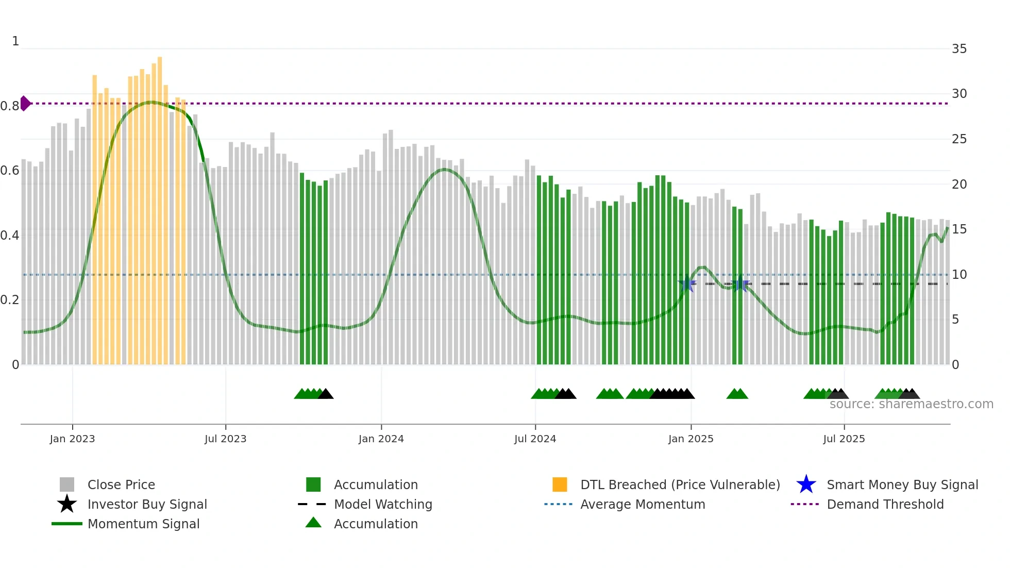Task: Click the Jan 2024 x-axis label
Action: coord(381,439)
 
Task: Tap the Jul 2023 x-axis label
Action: coord(225,439)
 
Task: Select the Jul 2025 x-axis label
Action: coord(844,439)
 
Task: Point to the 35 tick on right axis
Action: coord(959,49)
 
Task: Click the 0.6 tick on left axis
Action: coord(10,171)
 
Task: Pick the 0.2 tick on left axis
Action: coord(10,300)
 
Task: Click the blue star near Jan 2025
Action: coord(687,283)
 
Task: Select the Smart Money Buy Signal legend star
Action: coord(806,485)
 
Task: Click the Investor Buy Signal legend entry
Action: coord(147,504)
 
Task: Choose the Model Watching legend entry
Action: coord(382,504)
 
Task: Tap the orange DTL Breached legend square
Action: coord(560,485)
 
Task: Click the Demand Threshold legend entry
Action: coord(885,504)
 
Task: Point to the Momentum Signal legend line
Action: coord(67,524)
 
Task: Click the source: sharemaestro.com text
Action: coord(911,404)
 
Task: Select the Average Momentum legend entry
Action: coord(642,504)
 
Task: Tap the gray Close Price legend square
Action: coord(67,485)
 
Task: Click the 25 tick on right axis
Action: coord(959,139)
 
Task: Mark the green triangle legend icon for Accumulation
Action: coord(313,523)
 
